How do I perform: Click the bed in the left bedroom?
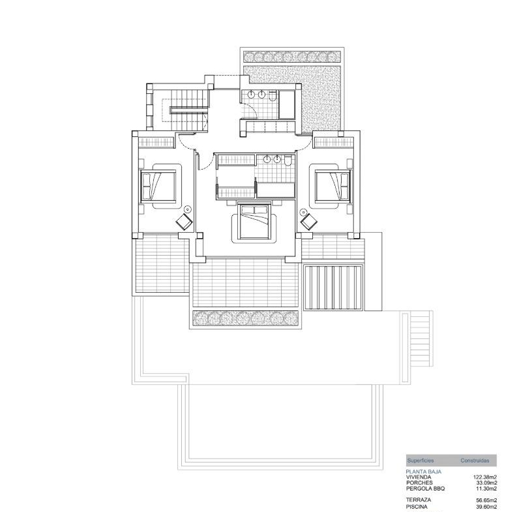[x=158, y=186]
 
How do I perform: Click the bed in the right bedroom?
[x=332, y=186]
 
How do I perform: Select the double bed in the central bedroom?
[x=254, y=222]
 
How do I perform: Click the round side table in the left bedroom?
[x=188, y=209]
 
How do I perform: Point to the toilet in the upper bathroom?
[x=273, y=96]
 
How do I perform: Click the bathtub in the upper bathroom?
[x=286, y=104]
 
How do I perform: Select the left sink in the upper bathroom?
[x=252, y=95]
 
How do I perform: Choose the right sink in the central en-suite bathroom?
[x=278, y=159]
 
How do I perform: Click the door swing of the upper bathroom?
[x=250, y=110]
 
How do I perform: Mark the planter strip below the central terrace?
[x=245, y=318]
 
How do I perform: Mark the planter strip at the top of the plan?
[x=292, y=56]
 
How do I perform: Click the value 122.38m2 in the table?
[x=485, y=477]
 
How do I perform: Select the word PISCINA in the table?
[x=417, y=507]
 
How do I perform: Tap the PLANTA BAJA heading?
[x=424, y=472]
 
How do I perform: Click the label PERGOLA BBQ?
[x=425, y=489]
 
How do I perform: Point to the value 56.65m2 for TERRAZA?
[x=487, y=500]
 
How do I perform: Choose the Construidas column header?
[x=475, y=460]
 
